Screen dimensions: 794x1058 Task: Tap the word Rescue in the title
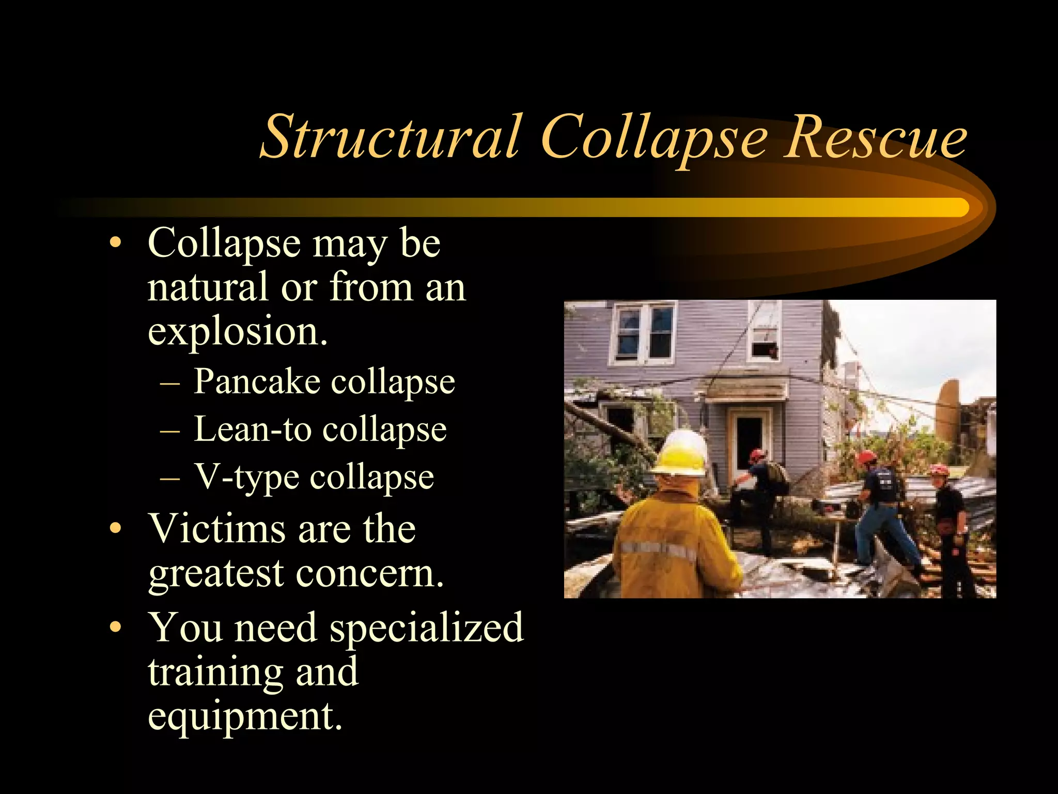pos(875,137)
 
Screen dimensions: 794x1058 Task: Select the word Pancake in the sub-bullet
pos(257,381)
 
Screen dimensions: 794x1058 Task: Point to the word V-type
pos(246,477)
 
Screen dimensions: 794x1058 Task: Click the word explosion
pos(237,331)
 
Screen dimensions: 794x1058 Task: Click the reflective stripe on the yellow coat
pos(658,551)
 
